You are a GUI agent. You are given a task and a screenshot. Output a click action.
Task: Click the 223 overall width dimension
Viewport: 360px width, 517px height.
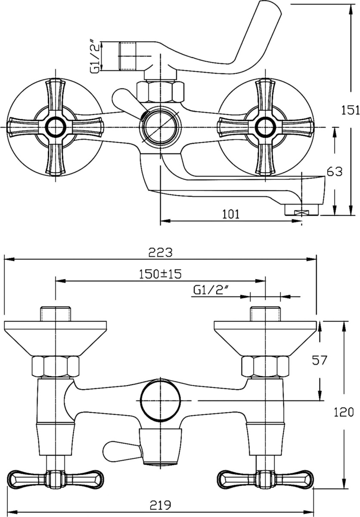pyautogui.click(x=160, y=252)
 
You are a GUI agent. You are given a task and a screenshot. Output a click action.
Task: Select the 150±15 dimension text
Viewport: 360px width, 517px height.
pyautogui.click(x=160, y=274)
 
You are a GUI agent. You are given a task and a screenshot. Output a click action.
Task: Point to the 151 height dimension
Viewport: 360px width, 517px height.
pyautogui.click(x=351, y=110)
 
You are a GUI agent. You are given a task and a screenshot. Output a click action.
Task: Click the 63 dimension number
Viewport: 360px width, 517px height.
pyautogui.click(x=335, y=172)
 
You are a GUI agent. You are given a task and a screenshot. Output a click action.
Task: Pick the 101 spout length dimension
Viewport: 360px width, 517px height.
pyautogui.click(x=231, y=214)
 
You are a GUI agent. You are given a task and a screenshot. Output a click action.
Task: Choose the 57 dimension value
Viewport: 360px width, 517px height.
pyautogui.click(x=320, y=360)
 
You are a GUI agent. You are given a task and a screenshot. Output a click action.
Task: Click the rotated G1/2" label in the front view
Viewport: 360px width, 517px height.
pyautogui.click(x=95, y=56)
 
